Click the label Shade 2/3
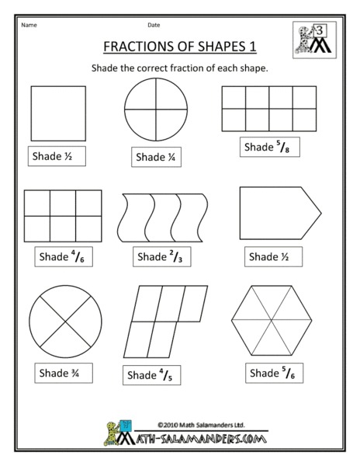163,256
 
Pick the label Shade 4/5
153,375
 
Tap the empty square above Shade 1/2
54,111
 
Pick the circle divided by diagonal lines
65,321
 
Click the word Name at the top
29,24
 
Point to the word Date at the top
154,24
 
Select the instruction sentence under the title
179,68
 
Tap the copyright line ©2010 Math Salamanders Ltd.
191,424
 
